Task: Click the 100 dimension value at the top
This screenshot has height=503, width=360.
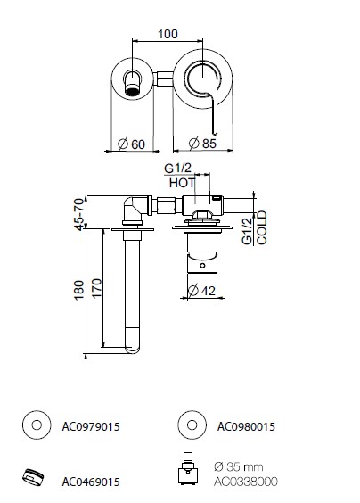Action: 168,34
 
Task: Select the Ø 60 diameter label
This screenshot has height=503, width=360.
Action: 131,144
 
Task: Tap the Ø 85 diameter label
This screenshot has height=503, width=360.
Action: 202,143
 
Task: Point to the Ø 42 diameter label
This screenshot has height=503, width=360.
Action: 201,291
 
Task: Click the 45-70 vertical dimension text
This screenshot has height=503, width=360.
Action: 79,214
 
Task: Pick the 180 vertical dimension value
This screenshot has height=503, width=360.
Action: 79,290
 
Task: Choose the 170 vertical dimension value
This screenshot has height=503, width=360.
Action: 96,288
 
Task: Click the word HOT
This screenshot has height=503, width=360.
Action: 182,183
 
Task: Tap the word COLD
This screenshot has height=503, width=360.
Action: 262,227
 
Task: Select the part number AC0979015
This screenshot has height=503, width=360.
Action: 91,426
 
